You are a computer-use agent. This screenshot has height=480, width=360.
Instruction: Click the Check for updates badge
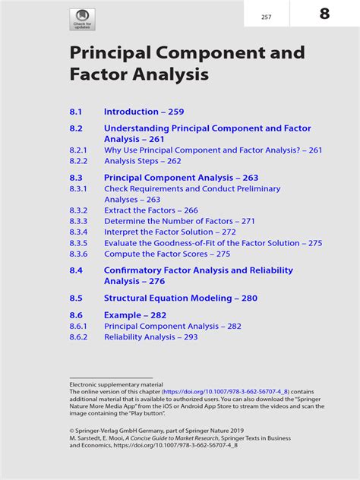tap(83, 20)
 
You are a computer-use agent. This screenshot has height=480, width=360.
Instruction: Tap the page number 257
tap(266, 17)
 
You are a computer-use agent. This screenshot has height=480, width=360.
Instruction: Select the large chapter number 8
tap(324, 14)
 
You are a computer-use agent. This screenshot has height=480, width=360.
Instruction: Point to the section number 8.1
tap(75, 112)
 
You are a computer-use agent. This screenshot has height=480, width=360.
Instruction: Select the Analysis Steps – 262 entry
tap(142, 161)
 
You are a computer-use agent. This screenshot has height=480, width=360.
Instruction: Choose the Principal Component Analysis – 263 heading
tap(181, 177)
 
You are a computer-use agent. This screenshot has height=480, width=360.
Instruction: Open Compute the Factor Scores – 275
tap(166, 254)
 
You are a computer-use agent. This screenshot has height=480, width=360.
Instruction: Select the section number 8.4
tap(75, 270)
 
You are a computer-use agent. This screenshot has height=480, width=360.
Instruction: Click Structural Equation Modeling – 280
tap(181, 298)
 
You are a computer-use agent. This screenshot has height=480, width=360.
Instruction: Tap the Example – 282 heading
tap(134, 315)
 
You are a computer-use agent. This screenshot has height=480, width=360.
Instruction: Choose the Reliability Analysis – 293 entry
tap(150, 337)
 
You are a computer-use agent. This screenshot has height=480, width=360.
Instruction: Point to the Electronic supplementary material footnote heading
tap(111, 385)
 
